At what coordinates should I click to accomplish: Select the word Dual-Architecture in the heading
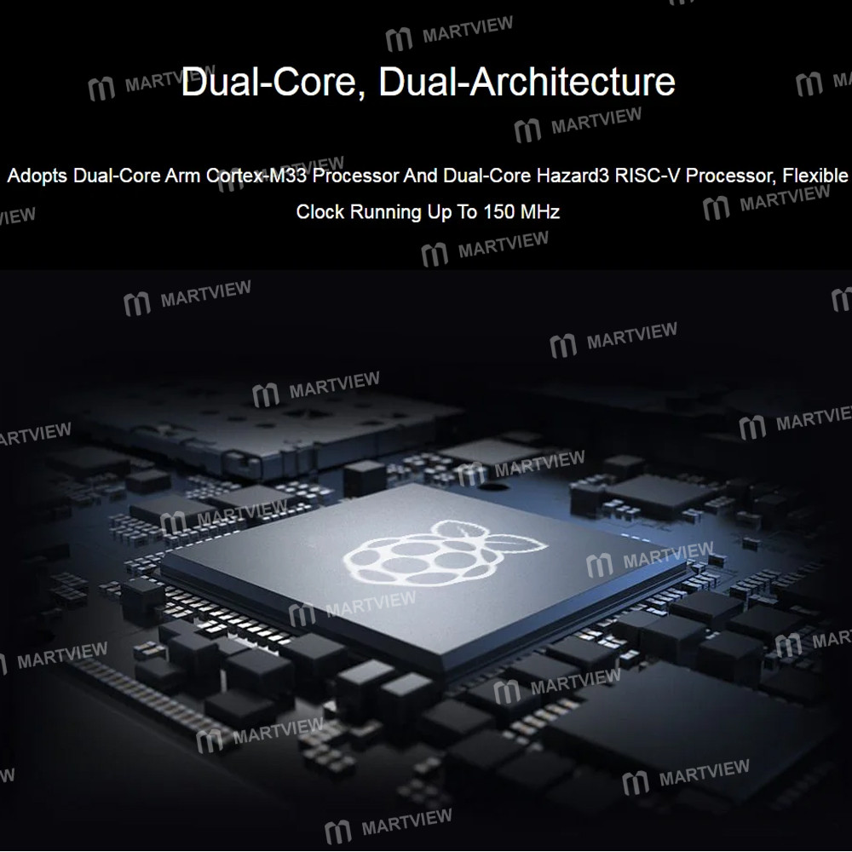pos(527,82)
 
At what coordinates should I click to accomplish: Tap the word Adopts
pos(37,176)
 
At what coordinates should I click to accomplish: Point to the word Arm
pos(182,176)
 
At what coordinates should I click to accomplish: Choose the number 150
pos(498,212)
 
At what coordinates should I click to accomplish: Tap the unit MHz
pos(539,212)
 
